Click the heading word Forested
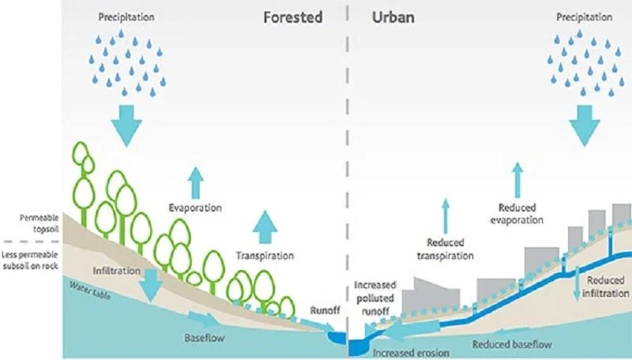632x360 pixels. [292, 17]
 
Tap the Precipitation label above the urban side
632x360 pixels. [585, 17]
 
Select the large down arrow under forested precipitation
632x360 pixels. [124, 122]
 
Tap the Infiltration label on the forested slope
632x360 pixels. [114, 271]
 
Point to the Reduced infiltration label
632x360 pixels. [607, 287]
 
